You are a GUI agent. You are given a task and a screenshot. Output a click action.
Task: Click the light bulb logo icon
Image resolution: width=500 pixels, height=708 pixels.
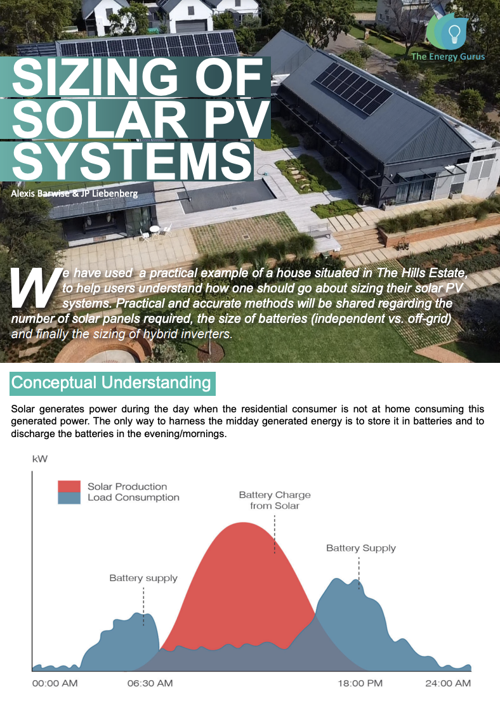click(454, 32)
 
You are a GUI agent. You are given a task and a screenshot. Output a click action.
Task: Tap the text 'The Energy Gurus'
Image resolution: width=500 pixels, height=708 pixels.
click(447, 56)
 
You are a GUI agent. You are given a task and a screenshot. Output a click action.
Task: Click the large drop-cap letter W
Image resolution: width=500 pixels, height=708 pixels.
click(37, 287)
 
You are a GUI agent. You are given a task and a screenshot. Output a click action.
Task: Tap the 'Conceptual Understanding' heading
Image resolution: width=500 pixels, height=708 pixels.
click(111, 383)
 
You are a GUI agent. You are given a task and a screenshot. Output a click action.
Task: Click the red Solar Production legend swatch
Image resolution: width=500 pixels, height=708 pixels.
click(69, 487)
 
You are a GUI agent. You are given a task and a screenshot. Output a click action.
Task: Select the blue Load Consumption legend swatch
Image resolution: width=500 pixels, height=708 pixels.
click(69, 497)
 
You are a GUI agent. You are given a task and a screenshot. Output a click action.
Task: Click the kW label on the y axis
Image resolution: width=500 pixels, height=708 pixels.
click(40, 459)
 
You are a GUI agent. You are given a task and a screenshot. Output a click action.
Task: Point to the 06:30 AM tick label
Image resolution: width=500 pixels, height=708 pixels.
click(150, 683)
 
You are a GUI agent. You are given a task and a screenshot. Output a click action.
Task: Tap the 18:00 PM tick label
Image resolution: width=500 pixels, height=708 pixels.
click(360, 683)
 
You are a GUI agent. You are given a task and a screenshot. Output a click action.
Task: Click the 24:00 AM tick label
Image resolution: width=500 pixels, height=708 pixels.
click(448, 683)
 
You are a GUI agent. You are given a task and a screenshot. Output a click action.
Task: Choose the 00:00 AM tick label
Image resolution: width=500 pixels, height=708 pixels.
click(55, 683)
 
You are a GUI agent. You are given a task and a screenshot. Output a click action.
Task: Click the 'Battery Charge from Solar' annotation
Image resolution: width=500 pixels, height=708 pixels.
click(275, 501)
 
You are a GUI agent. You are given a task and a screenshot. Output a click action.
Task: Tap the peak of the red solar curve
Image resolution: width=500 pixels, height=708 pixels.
click(244, 523)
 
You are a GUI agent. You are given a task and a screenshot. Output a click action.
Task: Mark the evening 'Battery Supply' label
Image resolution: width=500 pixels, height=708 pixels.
click(361, 548)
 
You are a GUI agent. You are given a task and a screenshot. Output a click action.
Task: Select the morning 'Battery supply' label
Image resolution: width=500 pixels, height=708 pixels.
click(143, 579)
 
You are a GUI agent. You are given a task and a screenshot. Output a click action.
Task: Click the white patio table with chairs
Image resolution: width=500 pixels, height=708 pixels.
click(155, 231)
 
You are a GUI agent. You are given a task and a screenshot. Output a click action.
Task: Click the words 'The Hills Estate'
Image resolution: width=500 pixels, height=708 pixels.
click(421, 273)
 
